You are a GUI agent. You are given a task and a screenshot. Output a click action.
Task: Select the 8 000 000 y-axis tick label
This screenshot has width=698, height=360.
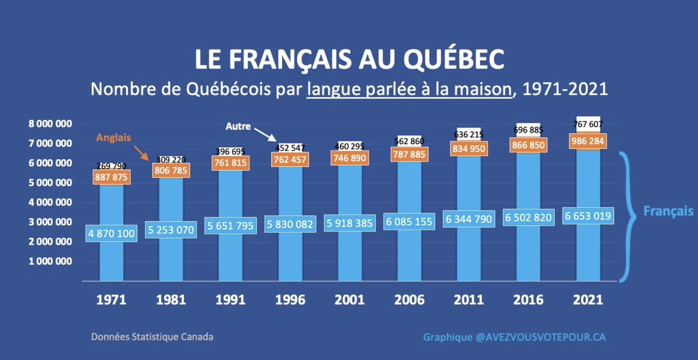pos(52,124)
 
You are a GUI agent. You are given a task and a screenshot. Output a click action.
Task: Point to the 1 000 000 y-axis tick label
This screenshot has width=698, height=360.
pos(52,261)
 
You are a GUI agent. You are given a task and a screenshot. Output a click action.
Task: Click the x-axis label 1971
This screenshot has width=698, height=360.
pos(112,301)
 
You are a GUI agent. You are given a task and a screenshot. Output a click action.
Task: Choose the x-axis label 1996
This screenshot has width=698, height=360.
pos(289,301)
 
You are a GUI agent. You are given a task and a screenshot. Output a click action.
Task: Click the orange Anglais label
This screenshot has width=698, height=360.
pos(114,138)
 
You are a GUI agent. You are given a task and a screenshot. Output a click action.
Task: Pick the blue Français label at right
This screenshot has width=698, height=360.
pos(668,212)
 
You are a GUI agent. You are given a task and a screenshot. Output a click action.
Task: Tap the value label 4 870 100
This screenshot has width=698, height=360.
pos(111,233)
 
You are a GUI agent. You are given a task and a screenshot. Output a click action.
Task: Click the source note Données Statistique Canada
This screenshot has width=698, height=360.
pos(151,337)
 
